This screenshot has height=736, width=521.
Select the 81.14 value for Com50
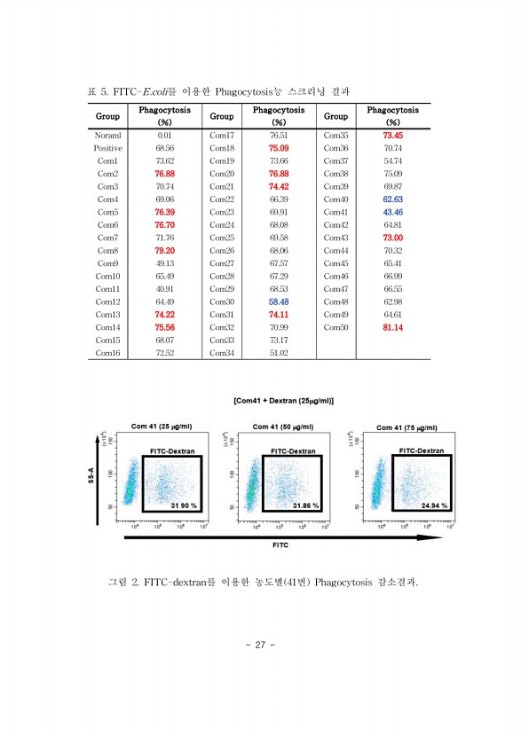coord(393,327)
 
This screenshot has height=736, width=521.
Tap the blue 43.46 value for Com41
coord(393,212)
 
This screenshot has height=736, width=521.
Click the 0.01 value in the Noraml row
coord(164,135)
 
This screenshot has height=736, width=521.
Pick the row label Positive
coord(107,148)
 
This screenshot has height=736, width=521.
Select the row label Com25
coord(222,238)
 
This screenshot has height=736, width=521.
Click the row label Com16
coord(107,353)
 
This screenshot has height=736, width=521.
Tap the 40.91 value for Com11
coord(164,289)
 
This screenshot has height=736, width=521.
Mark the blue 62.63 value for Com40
coord(393,200)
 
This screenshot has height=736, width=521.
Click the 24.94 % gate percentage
coord(434,505)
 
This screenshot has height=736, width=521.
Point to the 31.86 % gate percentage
coord(305,505)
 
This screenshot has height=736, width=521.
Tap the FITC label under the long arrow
coord(280,545)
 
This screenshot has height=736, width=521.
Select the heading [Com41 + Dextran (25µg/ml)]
coord(284,400)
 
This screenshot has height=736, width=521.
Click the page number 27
coord(261,644)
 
